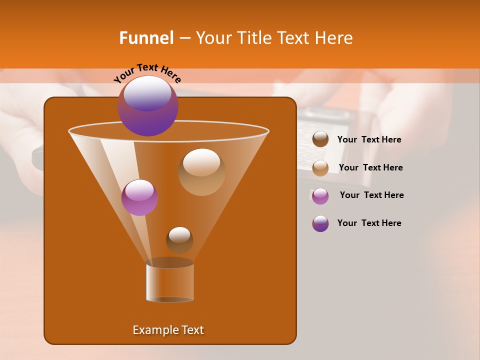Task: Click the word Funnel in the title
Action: tap(146, 38)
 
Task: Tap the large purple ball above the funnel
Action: tap(147, 105)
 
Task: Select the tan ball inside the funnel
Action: tap(201, 171)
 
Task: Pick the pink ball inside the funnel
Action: tap(139, 197)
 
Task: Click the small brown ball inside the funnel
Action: tap(179, 240)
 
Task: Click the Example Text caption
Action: tap(168, 330)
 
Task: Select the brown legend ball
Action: tap(320, 139)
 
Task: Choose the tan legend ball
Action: tap(320, 167)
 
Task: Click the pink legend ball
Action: tap(320, 195)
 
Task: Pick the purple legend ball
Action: tap(320, 223)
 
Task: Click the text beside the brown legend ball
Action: tap(369, 139)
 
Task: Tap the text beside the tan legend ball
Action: tap(370, 167)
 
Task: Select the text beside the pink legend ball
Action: tap(371, 195)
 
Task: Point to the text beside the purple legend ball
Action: tap(369, 223)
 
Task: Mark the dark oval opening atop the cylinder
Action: tap(170, 262)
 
